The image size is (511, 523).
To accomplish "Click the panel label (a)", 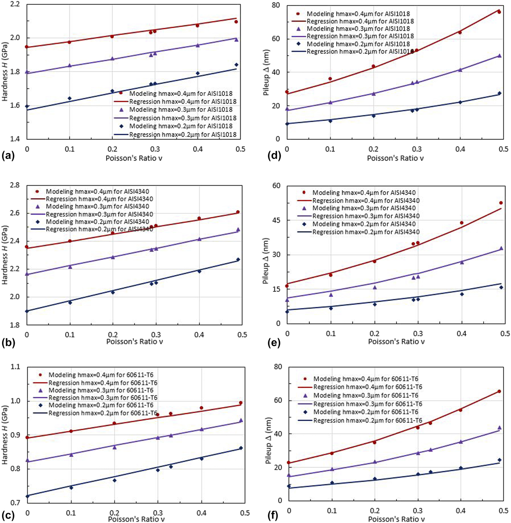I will [x=8, y=156].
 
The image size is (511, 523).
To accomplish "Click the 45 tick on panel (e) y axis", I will [x=276, y=220].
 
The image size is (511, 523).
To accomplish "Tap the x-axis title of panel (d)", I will [x=395, y=158].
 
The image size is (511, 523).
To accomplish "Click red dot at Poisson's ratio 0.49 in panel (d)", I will [x=499, y=12].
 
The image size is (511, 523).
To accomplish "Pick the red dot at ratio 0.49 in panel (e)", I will [x=501, y=203].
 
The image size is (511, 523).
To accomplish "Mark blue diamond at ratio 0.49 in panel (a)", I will [x=236, y=65].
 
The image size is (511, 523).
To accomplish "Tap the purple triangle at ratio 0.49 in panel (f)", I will [x=500, y=428].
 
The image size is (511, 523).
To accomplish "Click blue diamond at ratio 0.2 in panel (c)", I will [x=114, y=480].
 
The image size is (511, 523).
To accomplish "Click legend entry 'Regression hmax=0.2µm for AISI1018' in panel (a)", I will [x=182, y=135].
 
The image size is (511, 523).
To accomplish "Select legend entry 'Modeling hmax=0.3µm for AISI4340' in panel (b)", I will [x=97, y=207].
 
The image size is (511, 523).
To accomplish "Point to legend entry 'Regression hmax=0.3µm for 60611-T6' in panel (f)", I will [x=367, y=404].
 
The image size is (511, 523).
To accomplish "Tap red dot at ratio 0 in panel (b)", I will [x=27, y=247].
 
